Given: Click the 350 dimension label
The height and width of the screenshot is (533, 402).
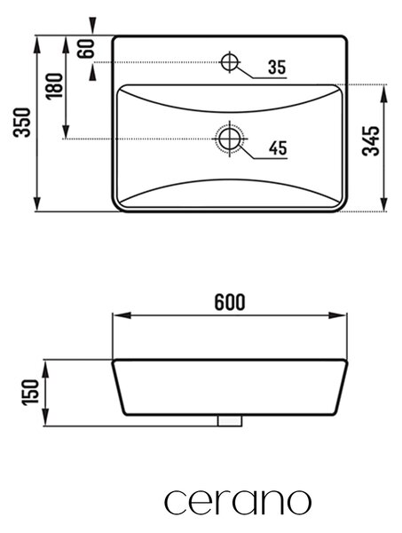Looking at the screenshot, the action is (x=22, y=123).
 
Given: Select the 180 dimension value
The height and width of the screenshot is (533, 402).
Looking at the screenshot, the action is (x=55, y=85).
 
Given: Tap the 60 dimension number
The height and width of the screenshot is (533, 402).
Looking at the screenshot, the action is (x=85, y=48).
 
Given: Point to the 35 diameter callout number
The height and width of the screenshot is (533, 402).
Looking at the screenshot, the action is (x=277, y=67).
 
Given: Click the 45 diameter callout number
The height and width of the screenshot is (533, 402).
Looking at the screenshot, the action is (x=278, y=147).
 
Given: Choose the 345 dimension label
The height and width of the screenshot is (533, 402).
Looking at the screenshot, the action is (x=370, y=140).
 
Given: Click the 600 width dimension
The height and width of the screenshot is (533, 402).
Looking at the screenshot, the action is (x=230, y=302).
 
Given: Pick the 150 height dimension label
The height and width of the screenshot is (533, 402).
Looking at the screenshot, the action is (x=30, y=392).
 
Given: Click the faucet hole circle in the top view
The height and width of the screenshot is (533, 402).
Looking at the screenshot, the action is (x=230, y=62).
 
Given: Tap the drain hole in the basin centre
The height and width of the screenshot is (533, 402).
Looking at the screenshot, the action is (x=230, y=139).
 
